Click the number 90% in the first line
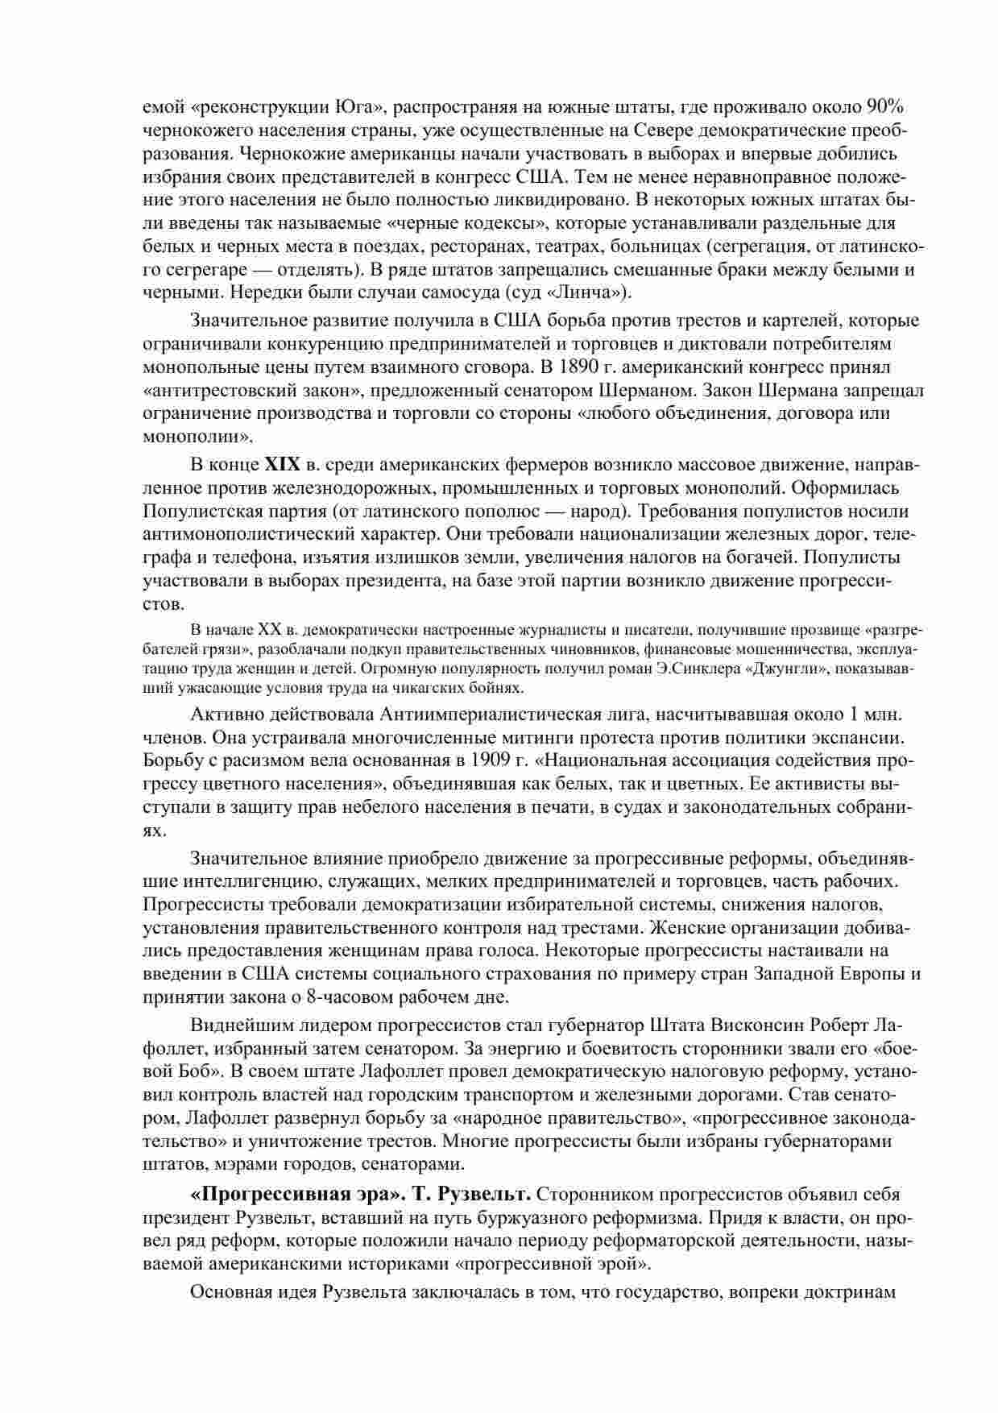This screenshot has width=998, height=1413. click(x=886, y=107)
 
